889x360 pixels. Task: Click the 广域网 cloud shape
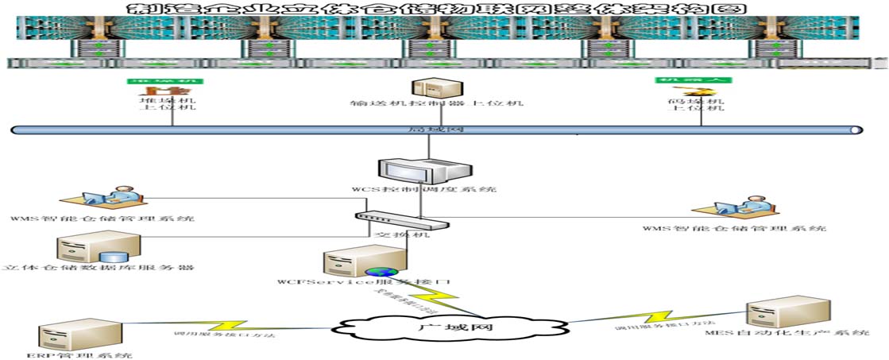[452, 326]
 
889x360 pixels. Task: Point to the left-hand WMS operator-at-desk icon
[102, 199]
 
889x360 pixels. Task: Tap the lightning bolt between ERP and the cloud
[226, 325]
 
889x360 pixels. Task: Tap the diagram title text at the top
[441, 9]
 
